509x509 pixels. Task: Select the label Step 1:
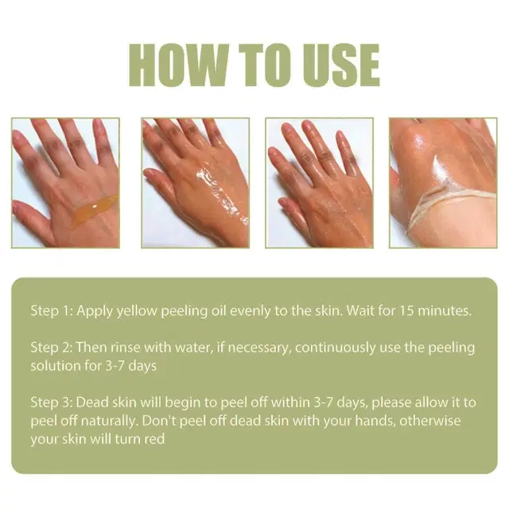point(53,310)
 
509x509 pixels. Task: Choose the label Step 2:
point(53,348)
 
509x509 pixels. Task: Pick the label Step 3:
point(53,402)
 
